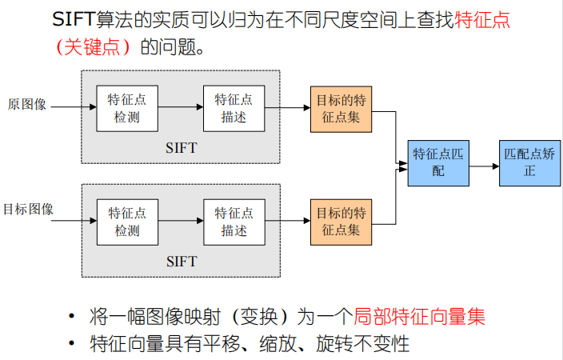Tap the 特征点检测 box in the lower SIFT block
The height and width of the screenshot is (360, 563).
click(126, 222)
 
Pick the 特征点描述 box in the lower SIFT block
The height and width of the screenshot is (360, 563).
click(234, 222)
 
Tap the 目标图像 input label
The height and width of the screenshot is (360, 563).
click(28, 210)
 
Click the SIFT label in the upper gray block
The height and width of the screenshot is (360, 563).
click(181, 148)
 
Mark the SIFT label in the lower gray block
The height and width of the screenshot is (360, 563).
click(181, 262)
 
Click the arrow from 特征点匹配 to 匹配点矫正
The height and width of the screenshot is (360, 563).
click(483, 166)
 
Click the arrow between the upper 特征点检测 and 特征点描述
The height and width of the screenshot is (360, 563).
click(180, 108)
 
